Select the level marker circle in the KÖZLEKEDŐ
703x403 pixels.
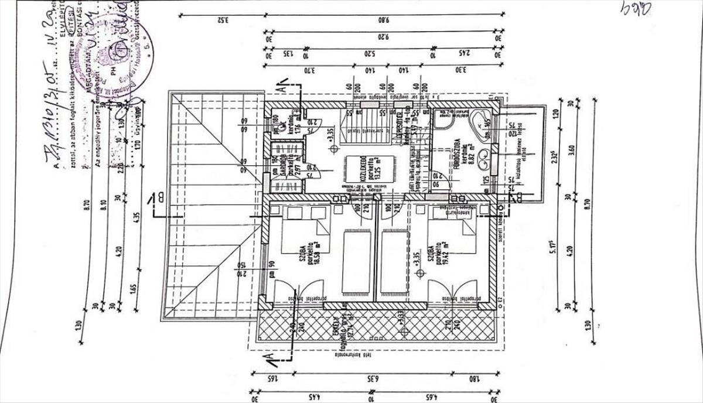click(334, 149)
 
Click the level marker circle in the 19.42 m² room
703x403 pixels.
click(418, 273)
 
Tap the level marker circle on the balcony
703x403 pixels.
click(399, 329)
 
